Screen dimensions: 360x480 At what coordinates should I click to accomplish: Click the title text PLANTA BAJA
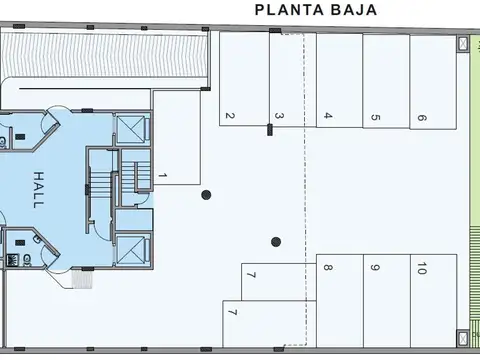(316, 12)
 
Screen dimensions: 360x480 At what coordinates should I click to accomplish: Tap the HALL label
(38, 187)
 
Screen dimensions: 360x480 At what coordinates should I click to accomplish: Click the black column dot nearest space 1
(206, 194)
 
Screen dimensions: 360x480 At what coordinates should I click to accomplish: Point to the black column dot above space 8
(276, 240)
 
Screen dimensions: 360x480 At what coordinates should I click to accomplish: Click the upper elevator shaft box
(131, 129)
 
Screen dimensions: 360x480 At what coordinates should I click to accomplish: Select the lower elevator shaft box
(131, 247)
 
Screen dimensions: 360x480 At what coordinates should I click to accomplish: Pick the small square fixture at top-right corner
(463, 44)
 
